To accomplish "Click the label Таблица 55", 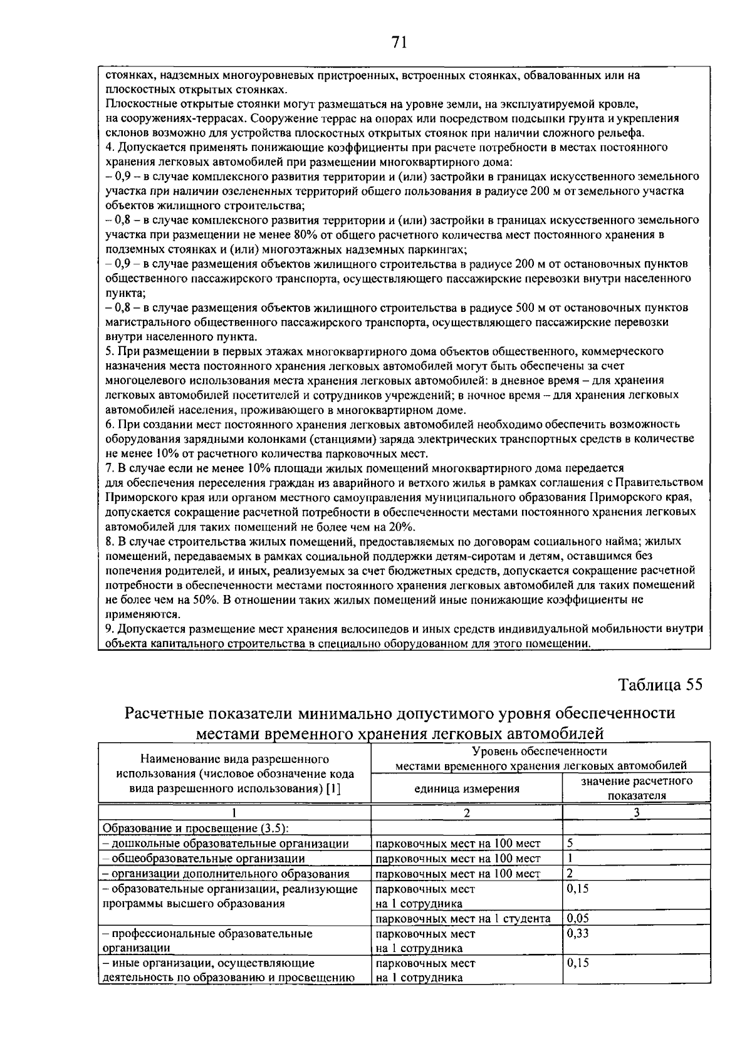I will click(661, 685).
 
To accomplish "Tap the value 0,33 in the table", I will click(577, 933).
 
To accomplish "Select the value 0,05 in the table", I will click(577, 918).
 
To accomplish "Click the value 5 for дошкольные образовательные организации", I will click(570, 843).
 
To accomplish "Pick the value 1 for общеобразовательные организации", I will click(570, 858).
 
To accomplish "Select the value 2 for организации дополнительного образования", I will click(570, 873).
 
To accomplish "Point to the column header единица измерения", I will click(467, 789).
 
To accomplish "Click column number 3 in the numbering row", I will click(636, 813).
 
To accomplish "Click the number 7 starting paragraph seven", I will click(109, 468).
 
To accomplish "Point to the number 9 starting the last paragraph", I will click(109, 628).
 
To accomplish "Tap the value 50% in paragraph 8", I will click(204, 599).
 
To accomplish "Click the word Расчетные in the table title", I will click(165, 713).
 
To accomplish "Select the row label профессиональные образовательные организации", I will click(207, 941).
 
